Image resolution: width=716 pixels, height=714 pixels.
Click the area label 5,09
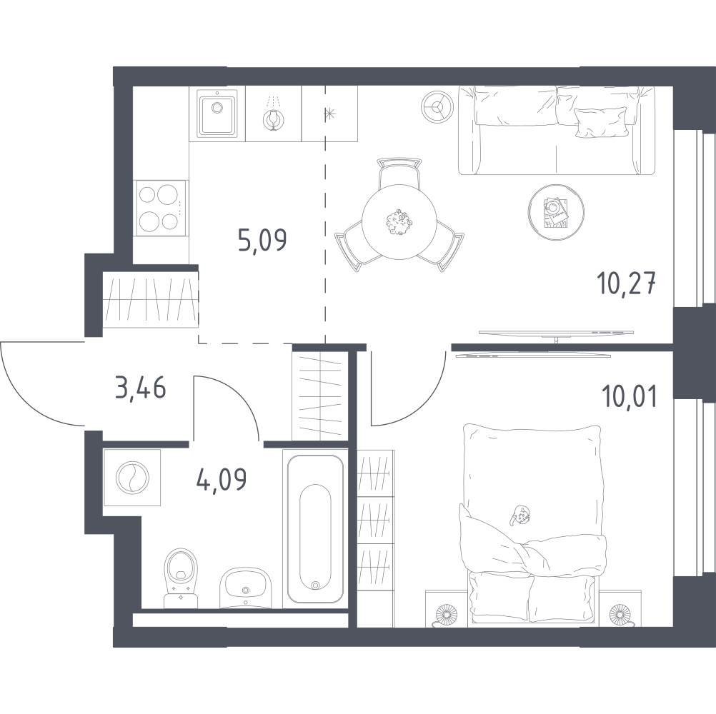point(262,241)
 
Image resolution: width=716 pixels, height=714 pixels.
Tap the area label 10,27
point(627,285)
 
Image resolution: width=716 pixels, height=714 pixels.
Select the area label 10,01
point(630,396)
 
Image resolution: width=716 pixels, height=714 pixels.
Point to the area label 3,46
point(141,388)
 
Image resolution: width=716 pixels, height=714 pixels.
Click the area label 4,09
point(222,478)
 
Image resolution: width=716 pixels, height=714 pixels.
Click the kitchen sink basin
point(217,113)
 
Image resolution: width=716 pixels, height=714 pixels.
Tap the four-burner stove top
point(161,208)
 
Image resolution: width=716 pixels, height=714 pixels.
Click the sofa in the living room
point(557,130)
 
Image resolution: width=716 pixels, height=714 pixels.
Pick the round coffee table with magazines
point(556,213)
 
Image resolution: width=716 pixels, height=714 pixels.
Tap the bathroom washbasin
point(246,588)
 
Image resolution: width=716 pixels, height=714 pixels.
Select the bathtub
point(315,529)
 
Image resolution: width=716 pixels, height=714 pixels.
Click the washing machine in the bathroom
point(132,478)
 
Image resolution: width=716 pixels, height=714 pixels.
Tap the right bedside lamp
point(620,614)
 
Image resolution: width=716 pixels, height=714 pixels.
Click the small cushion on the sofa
point(600,122)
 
